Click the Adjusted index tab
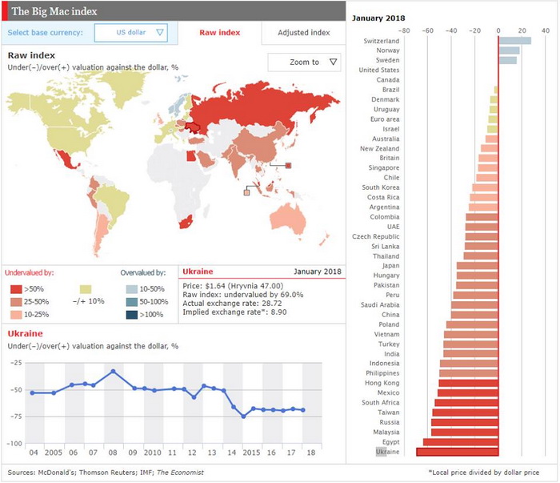(303, 33)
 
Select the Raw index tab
(219, 33)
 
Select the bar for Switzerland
(514, 41)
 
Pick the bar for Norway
(509, 50)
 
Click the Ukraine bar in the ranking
(458, 453)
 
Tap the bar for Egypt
(461, 442)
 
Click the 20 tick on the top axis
(522, 31)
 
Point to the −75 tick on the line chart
(14, 417)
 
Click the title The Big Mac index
(48, 11)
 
